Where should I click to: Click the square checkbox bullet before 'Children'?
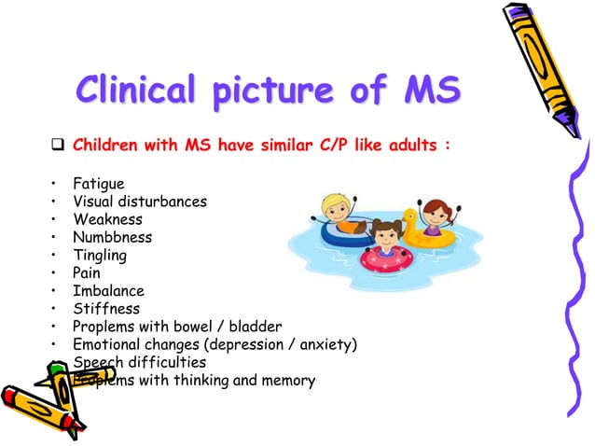click(x=56, y=146)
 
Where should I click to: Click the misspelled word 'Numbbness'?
click(x=112, y=237)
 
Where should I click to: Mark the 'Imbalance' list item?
click(x=108, y=290)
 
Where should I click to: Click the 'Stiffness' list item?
click(x=106, y=308)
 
